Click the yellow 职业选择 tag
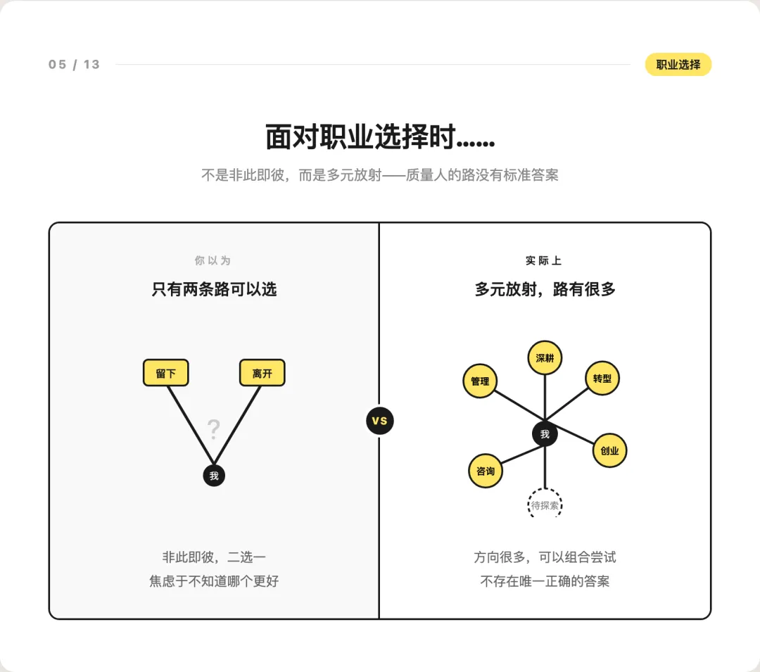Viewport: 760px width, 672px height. point(678,65)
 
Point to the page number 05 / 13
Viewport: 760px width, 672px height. point(74,65)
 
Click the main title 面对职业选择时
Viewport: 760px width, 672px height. point(380,137)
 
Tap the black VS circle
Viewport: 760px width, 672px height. point(380,421)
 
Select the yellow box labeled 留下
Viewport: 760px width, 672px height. point(166,373)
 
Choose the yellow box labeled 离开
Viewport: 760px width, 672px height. point(262,373)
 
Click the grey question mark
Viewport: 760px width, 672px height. point(214,429)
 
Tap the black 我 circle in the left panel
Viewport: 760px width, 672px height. point(214,476)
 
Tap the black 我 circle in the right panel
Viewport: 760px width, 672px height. point(545,434)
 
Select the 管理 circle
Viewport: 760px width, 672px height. point(480,381)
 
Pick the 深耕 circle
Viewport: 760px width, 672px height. point(545,358)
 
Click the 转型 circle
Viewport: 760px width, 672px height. point(602,379)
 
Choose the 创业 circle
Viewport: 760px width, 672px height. point(609,450)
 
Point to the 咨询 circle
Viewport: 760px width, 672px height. point(486,471)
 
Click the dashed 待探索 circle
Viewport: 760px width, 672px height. point(545,505)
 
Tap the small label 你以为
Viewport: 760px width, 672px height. point(213,260)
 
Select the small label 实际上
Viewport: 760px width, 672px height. point(544,260)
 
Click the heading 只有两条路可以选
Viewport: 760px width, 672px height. point(214,289)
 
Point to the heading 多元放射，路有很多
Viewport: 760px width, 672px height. point(545,289)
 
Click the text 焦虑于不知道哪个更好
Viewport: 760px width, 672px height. point(219,581)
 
